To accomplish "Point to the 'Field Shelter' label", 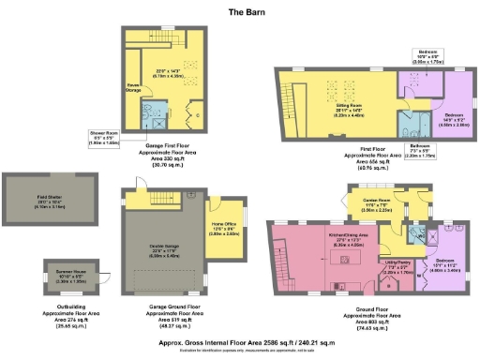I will point(36,197).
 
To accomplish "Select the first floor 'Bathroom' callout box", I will point(420,151).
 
